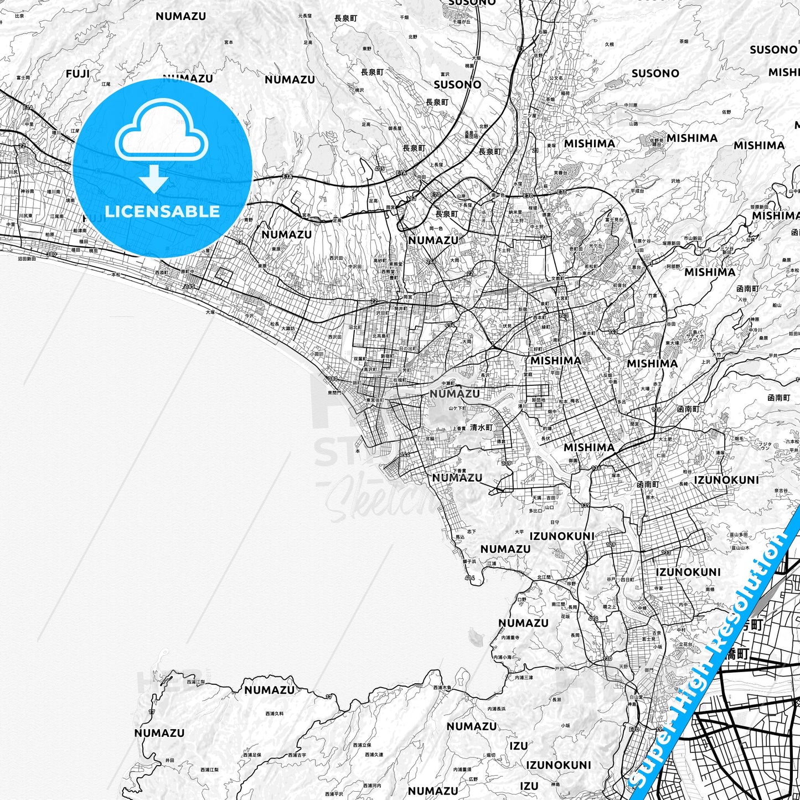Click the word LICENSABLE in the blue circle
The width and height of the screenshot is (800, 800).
162,211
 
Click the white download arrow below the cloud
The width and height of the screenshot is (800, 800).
154,178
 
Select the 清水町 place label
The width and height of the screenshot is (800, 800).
481,427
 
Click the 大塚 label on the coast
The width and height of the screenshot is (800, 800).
210,312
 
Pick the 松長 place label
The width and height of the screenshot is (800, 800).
275,324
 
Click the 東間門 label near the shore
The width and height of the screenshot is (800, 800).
334,392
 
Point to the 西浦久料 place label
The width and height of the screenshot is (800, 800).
274,714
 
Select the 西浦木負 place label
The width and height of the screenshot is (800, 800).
442,687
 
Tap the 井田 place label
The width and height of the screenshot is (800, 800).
169,761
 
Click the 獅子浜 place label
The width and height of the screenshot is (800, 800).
469,561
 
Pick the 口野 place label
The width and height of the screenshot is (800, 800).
522,599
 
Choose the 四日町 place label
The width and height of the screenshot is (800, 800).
628,579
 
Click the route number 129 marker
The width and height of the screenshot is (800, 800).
611,545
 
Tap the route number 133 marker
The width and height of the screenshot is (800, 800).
665,553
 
